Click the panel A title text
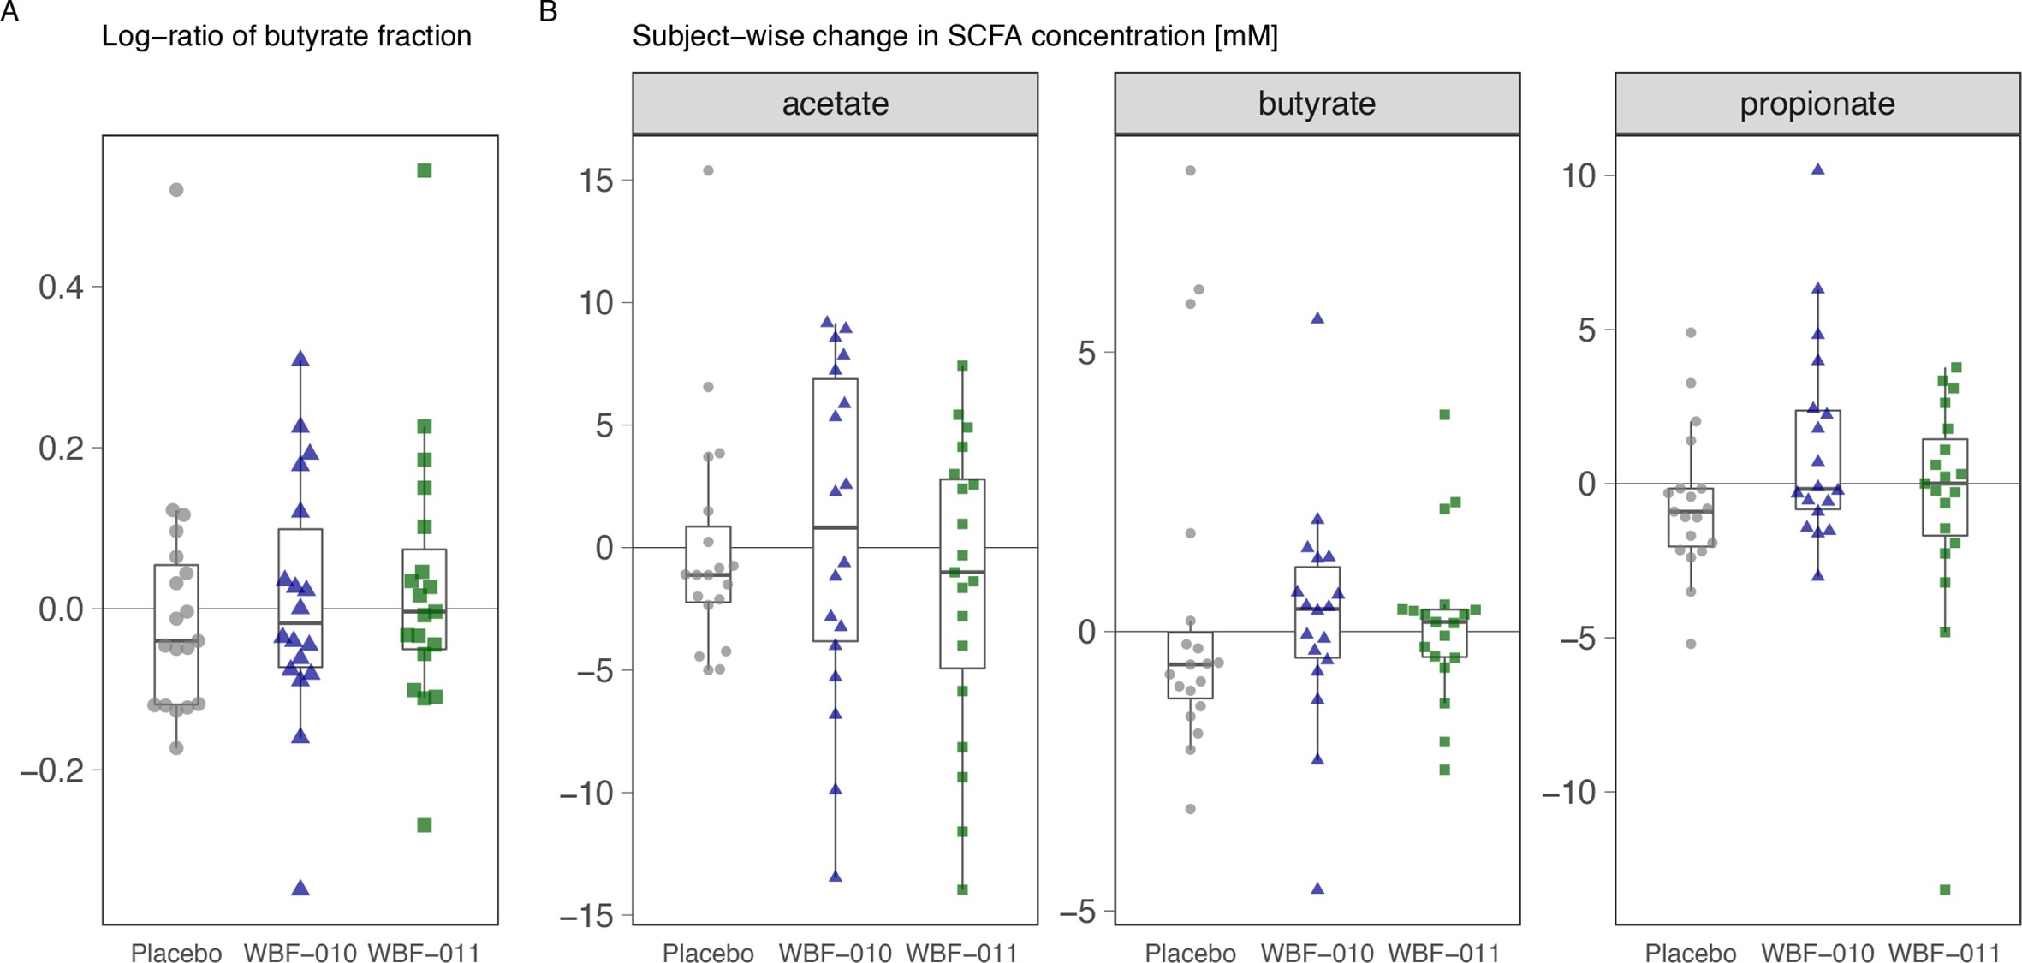click(286, 36)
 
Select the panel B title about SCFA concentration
click(955, 36)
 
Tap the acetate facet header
click(835, 104)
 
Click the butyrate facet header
click(1317, 104)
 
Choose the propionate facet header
click(1817, 104)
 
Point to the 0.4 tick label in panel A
click(62, 288)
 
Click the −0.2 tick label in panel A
click(53, 771)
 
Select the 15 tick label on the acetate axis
click(596, 181)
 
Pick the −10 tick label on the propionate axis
click(1569, 793)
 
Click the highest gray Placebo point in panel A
click(176, 190)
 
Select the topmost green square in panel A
click(425, 171)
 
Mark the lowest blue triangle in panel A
click(300, 889)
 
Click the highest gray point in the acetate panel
click(709, 171)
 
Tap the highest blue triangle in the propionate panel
click(1818, 170)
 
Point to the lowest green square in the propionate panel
click(1945, 890)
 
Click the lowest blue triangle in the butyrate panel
click(1318, 889)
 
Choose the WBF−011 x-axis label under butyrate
click(1444, 953)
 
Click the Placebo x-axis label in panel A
click(176, 953)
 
